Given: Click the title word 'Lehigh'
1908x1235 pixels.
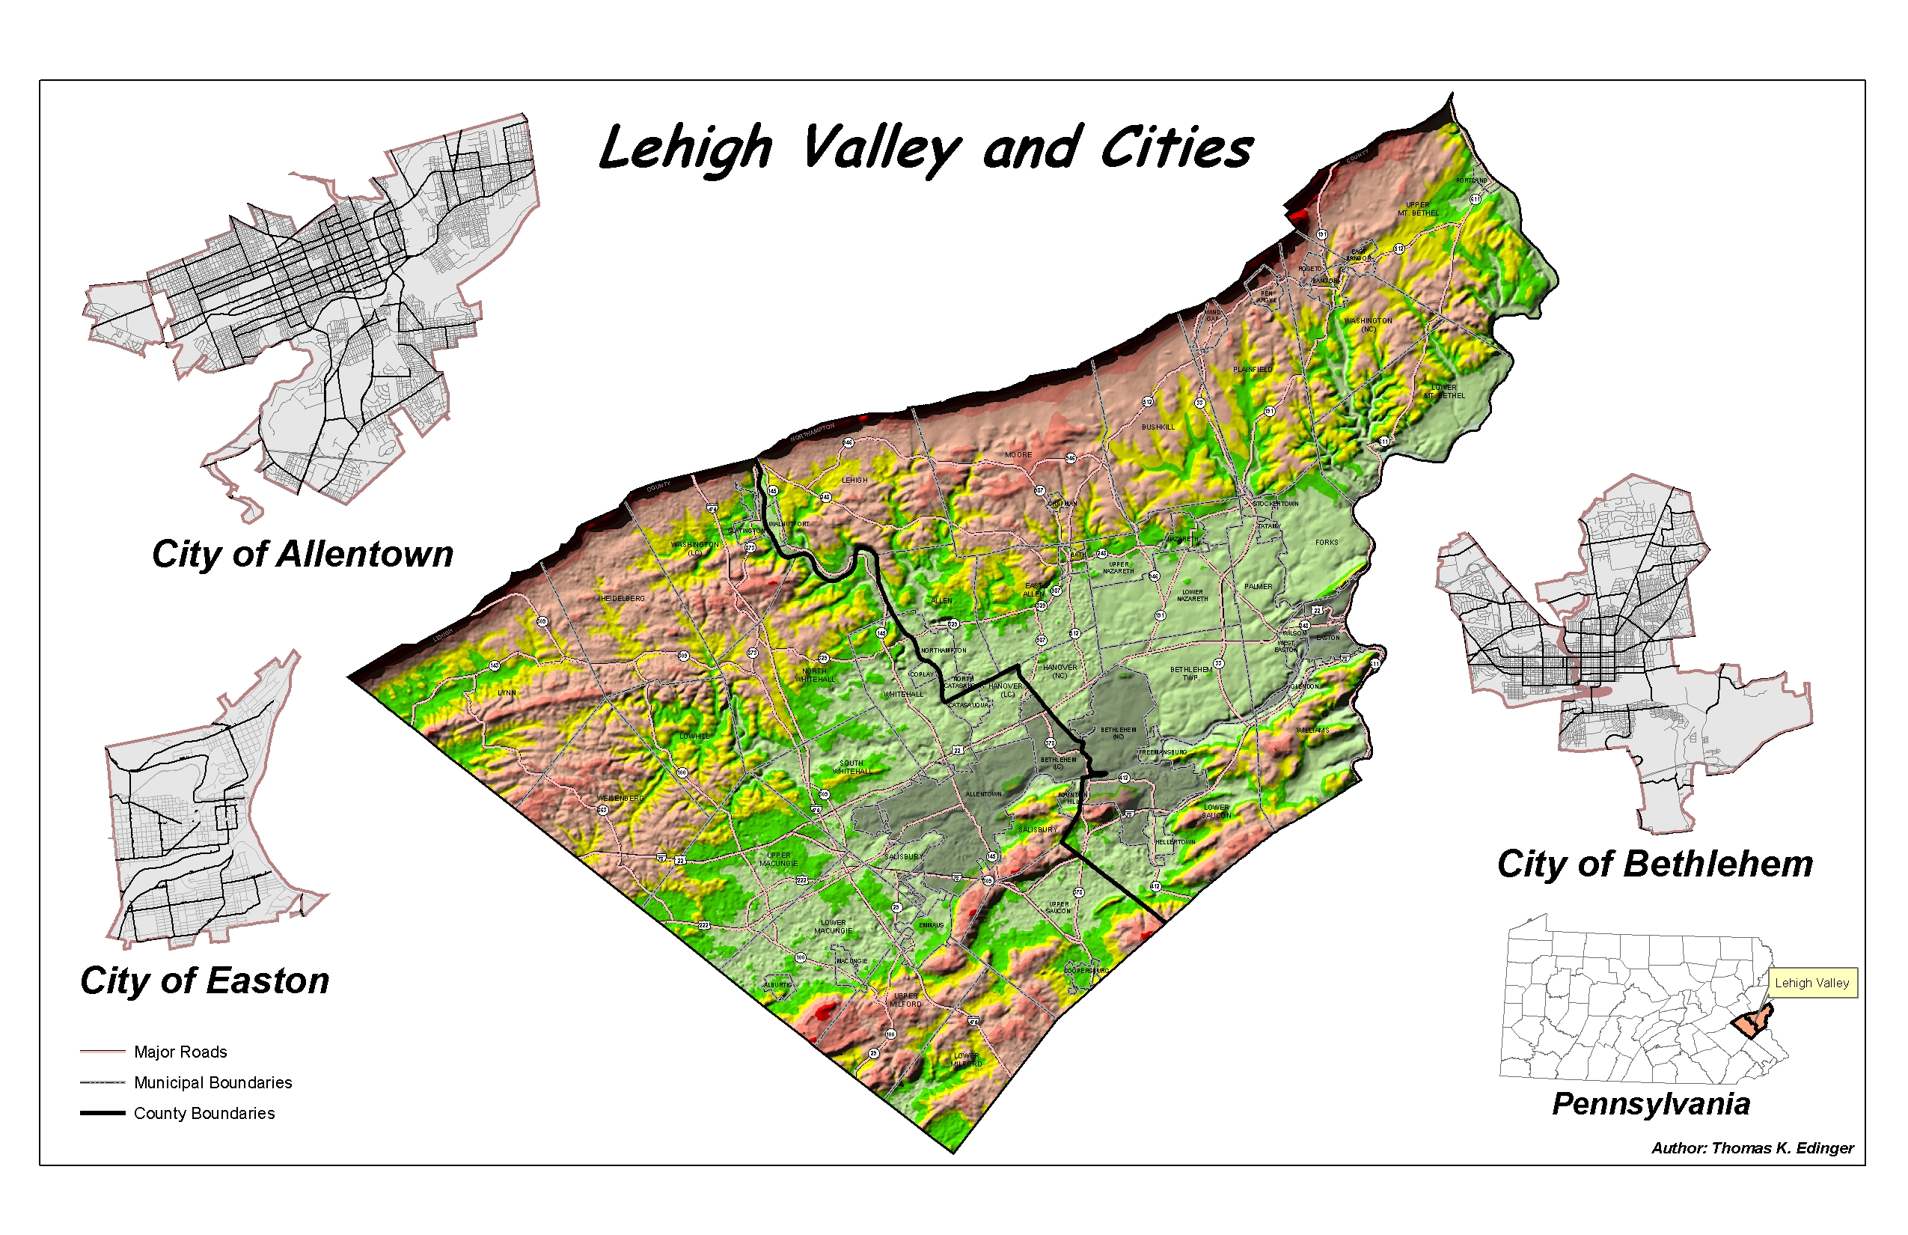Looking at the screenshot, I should click(x=685, y=150).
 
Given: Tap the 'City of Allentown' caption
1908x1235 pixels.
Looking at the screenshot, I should click(x=302, y=554).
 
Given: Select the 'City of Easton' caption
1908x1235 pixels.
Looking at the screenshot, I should click(x=204, y=981).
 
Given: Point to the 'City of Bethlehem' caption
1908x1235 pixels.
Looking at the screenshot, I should click(x=1654, y=864).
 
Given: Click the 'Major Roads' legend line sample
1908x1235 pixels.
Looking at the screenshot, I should click(x=103, y=1052).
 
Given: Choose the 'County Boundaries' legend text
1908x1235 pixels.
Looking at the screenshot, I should click(x=204, y=1113).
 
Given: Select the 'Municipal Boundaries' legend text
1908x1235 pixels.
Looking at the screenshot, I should click(x=212, y=1082).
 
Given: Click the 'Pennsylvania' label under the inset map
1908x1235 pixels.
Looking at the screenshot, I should click(x=1651, y=1104).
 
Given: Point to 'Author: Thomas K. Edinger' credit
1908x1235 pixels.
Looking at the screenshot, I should click(x=1752, y=1148).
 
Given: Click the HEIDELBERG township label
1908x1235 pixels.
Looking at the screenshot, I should click(x=622, y=599).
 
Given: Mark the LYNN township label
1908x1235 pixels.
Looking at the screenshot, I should click(x=507, y=693).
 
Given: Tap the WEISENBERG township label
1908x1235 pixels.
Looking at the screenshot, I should click(x=620, y=799).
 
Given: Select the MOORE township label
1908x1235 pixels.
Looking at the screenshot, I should click(x=1018, y=456).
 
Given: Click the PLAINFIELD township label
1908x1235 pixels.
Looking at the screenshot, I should click(x=1253, y=370).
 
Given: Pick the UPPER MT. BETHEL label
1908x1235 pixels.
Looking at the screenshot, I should click(x=1417, y=210).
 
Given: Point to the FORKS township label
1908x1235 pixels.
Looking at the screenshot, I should click(x=1326, y=543).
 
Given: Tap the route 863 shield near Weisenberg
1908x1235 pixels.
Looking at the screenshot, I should click(x=603, y=810).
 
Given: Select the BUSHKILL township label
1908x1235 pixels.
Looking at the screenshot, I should click(x=1158, y=427).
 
